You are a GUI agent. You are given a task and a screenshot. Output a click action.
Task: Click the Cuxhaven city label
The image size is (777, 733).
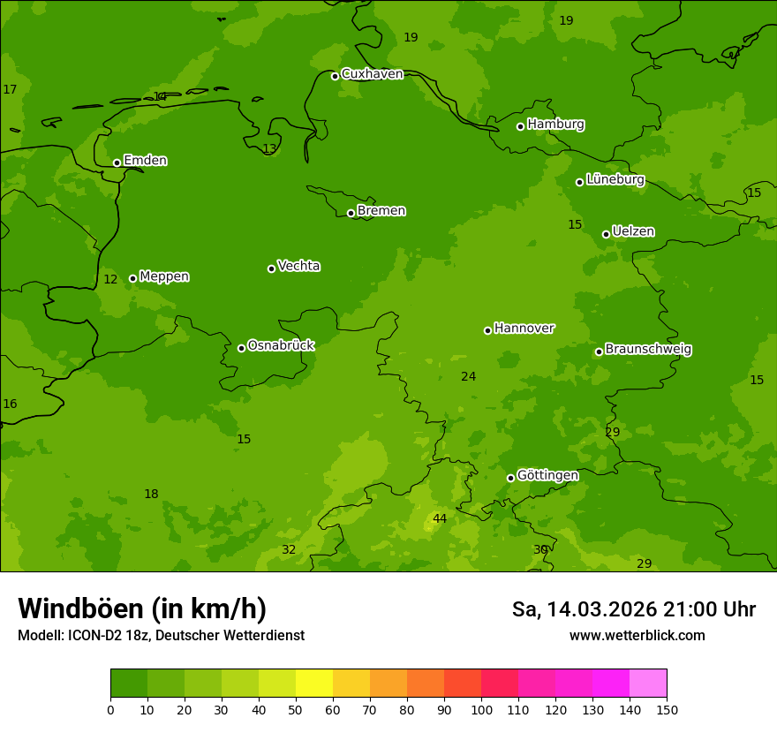(372, 74)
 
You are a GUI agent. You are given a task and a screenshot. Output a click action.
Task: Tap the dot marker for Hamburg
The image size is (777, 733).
(521, 126)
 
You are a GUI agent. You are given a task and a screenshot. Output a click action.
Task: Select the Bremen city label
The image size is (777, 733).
(381, 211)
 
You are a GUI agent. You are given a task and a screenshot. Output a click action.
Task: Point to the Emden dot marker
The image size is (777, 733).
(117, 162)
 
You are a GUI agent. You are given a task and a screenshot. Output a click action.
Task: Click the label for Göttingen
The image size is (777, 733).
(547, 476)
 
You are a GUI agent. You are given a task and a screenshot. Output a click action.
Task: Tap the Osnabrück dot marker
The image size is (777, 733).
(241, 348)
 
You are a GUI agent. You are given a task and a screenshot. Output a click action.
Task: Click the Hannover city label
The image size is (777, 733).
(524, 329)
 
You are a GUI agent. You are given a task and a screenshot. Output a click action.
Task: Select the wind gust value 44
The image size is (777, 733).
(439, 518)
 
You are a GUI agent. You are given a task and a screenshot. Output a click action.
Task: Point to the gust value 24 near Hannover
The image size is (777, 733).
(468, 377)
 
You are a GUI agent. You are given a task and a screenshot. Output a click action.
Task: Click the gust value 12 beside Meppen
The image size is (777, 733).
(110, 280)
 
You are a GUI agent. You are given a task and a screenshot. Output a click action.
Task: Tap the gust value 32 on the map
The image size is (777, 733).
(289, 550)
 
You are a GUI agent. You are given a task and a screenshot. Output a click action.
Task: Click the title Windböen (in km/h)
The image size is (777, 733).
(142, 608)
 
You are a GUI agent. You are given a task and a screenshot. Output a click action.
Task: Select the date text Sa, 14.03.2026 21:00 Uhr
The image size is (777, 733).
(633, 609)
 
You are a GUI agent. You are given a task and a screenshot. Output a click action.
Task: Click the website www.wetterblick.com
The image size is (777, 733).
(637, 636)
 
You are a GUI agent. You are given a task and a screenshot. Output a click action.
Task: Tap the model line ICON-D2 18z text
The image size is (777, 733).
(161, 636)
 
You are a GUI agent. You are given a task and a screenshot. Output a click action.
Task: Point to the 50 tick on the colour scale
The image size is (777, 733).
(296, 709)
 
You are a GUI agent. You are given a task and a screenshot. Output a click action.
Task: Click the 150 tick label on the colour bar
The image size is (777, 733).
(667, 709)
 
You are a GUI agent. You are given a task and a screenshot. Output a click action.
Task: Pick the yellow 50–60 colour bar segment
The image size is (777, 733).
(314, 684)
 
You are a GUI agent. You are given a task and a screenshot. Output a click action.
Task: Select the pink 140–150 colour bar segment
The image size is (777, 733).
(648, 684)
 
